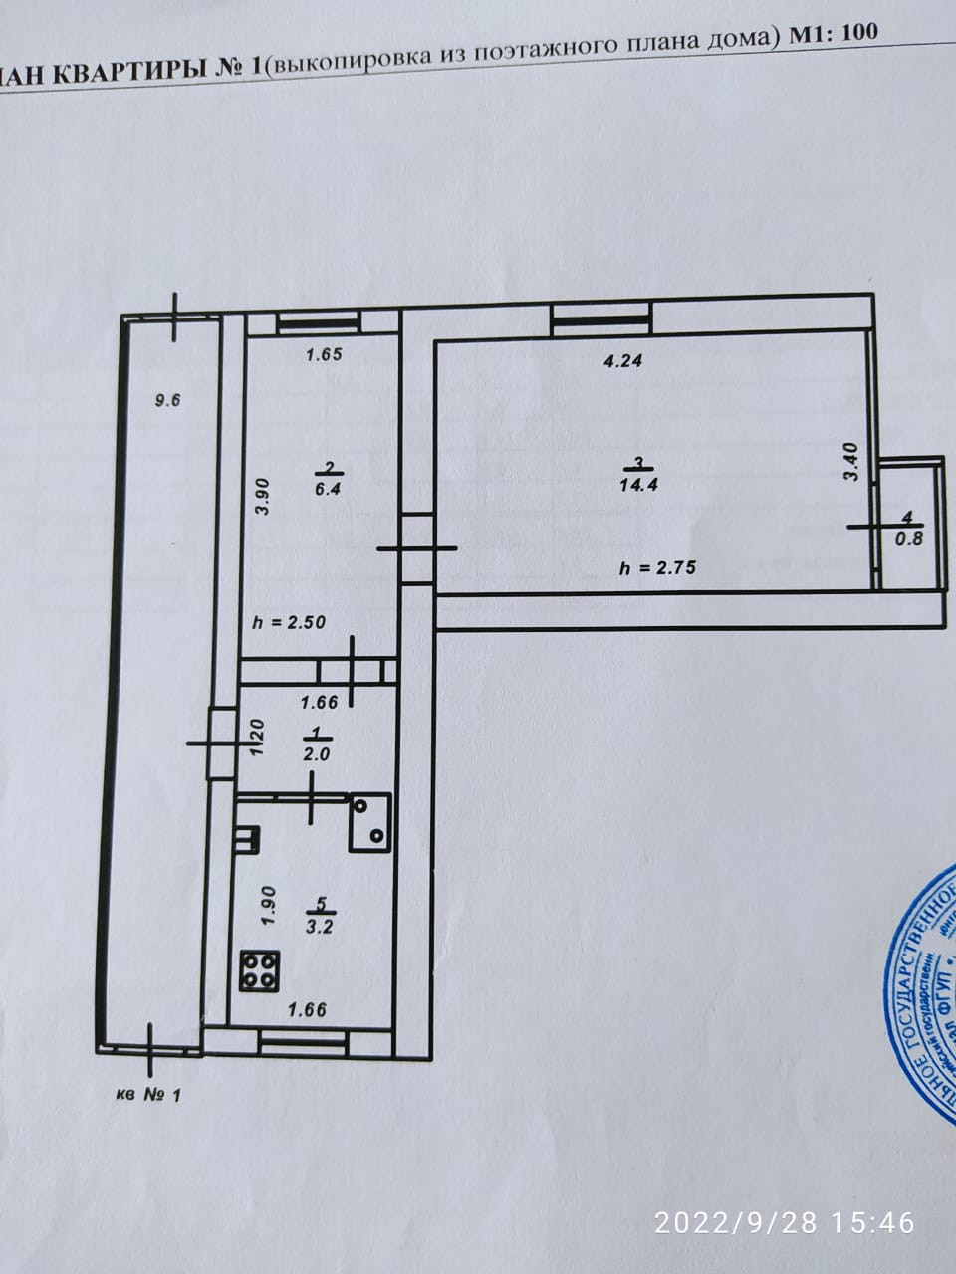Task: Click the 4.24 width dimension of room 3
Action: (623, 361)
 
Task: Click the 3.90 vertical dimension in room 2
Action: (260, 496)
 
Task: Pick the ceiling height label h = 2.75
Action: (657, 568)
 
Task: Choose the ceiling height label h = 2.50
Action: (291, 623)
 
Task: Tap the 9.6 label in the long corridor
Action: (167, 401)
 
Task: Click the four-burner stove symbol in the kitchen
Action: (261, 970)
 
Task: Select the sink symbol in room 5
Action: (369, 822)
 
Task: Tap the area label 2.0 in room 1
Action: (316, 753)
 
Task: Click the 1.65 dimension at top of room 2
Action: (324, 353)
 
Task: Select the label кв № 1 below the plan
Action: (149, 1096)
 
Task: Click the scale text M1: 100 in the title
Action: (834, 33)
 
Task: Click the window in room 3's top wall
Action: (601, 318)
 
